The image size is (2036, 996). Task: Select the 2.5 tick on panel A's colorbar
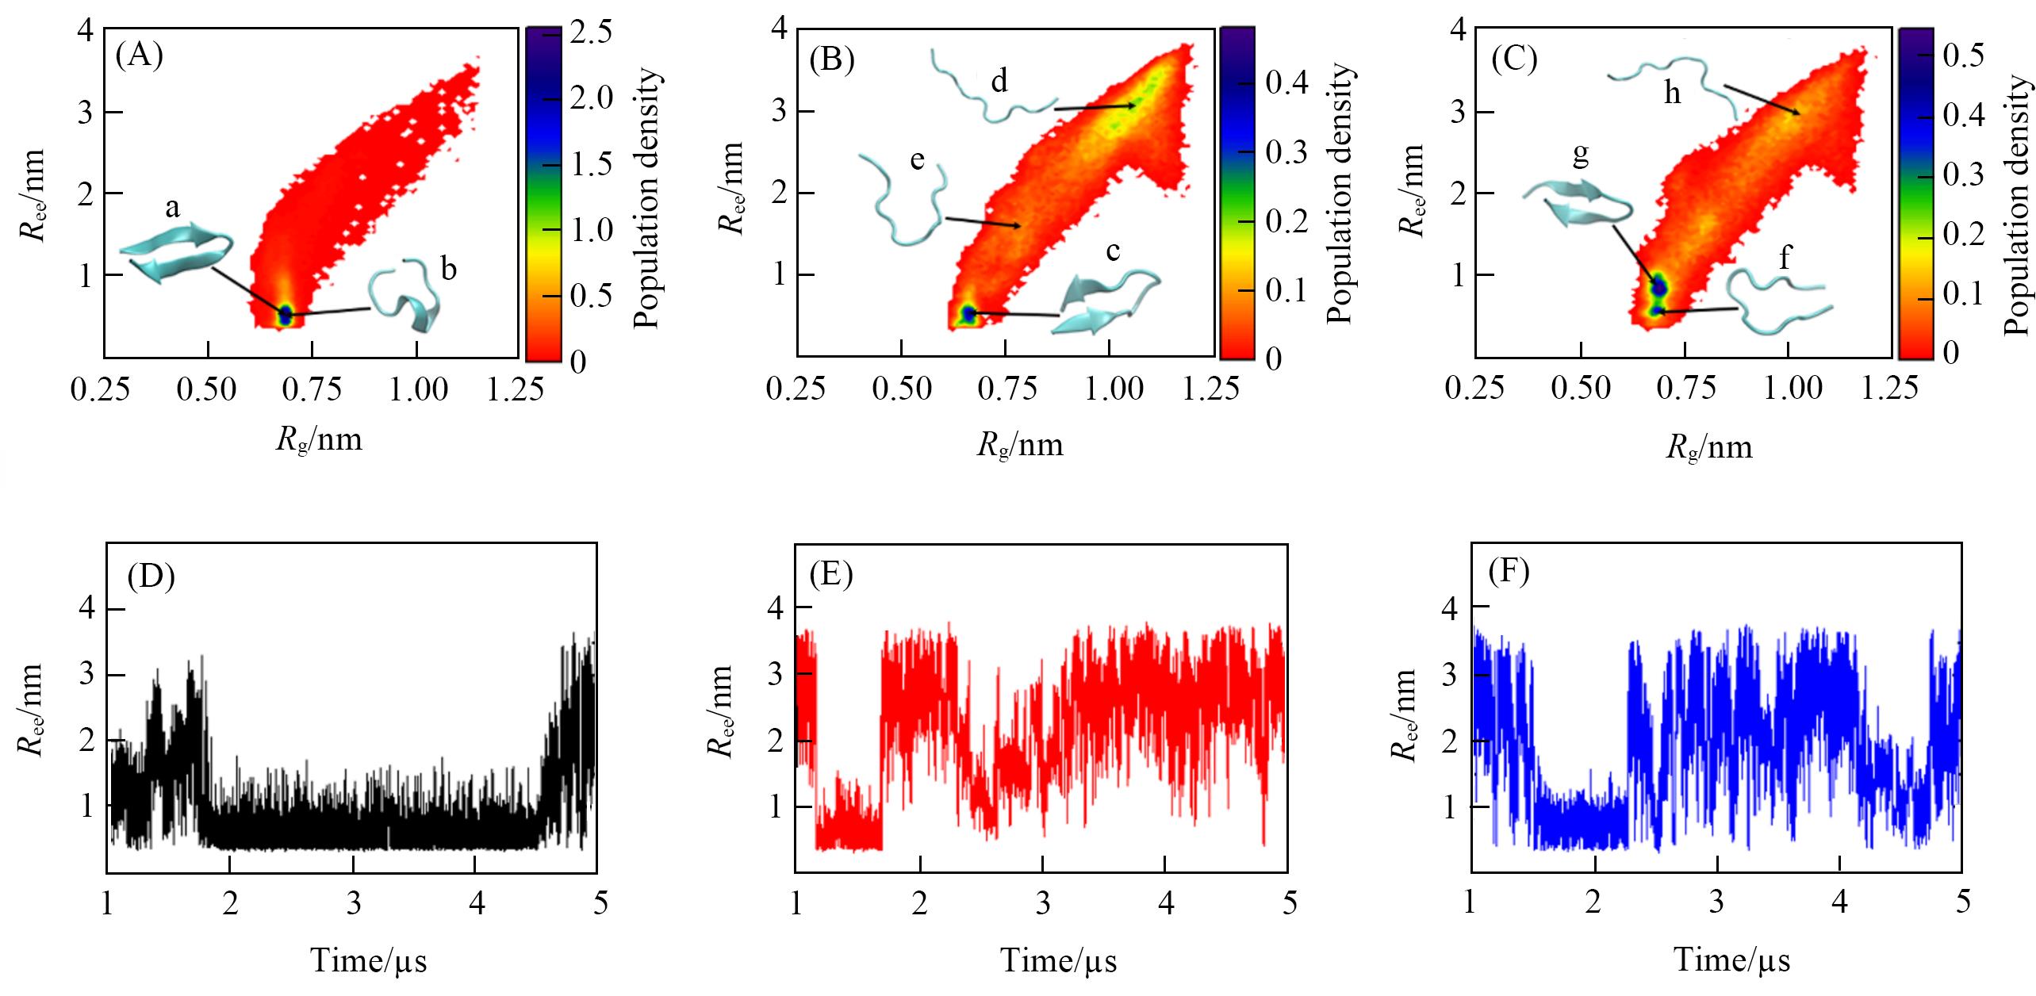click(591, 32)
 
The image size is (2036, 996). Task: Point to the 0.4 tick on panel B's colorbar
click(1286, 83)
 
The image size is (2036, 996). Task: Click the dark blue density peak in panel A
click(285, 314)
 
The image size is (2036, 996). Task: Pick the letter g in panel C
click(1581, 155)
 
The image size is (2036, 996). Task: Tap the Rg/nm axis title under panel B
click(1019, 445)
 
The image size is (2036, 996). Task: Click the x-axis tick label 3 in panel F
click(1716, 903)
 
